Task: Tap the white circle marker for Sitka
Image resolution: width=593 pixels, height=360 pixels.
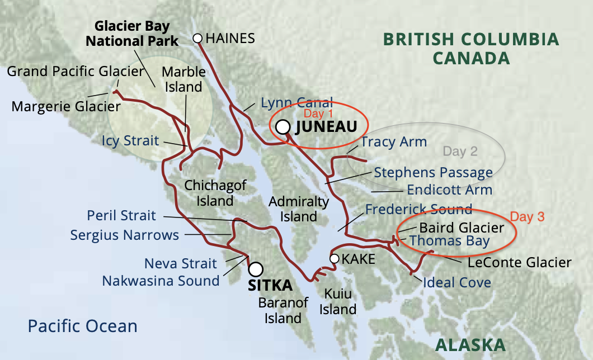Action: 256,269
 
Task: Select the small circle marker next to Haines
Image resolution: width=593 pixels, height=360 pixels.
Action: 197,38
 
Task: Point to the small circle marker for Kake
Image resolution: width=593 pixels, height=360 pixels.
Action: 334,258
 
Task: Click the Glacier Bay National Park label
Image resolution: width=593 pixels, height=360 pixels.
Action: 136,34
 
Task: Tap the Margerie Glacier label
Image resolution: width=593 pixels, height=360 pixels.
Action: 66,106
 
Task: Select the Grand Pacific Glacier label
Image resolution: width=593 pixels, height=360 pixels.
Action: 76,72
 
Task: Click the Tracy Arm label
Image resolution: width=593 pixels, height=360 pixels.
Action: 394,142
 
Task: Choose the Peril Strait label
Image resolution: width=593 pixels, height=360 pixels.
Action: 121,215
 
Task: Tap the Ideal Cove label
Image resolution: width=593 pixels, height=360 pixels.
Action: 456,282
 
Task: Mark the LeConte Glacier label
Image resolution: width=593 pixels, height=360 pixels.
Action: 520,262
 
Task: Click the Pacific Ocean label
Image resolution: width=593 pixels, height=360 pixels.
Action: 82,326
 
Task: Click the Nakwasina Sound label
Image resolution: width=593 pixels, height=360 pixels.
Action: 161,280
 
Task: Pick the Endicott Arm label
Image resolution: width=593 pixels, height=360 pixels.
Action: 450,190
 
